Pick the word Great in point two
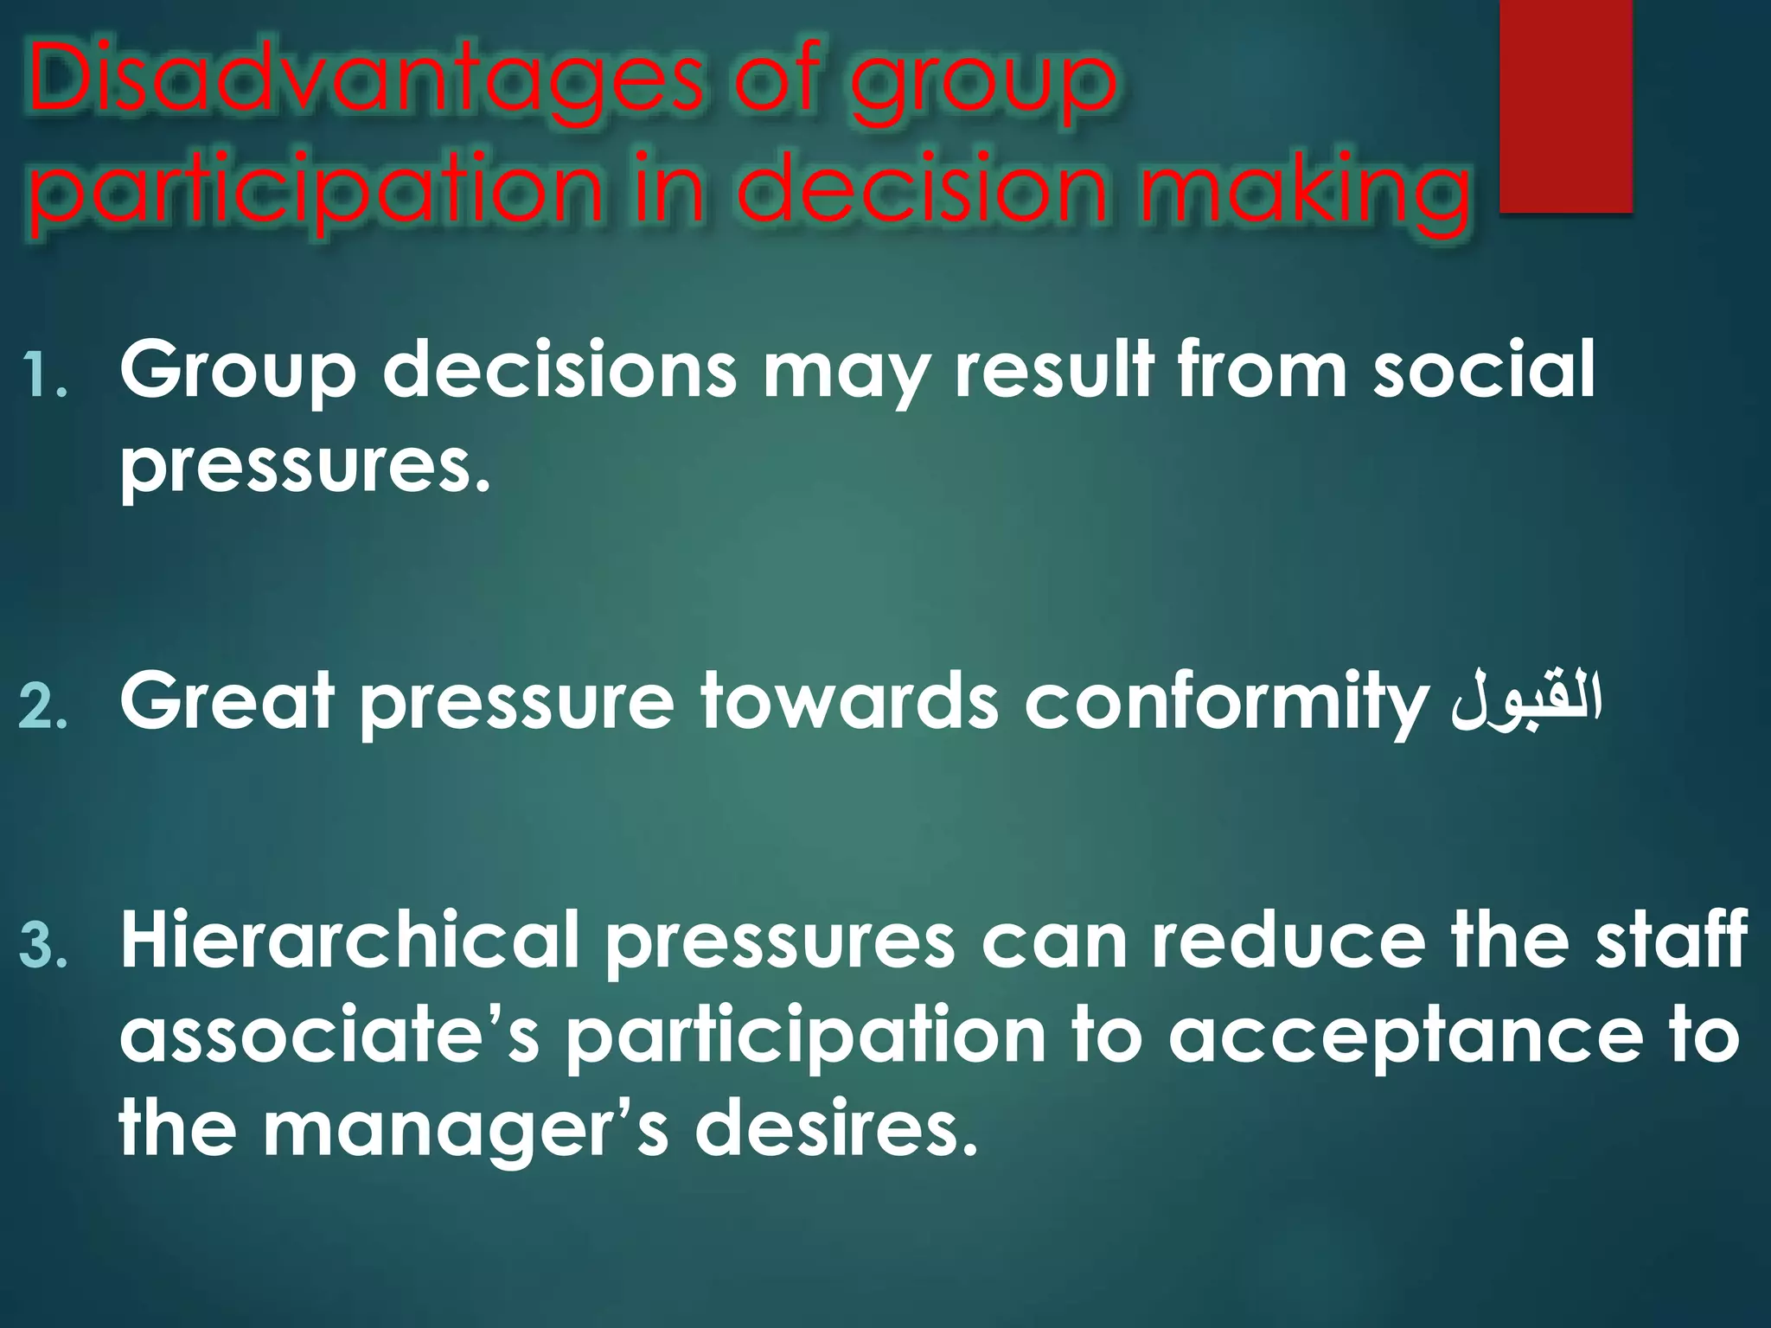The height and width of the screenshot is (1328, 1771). click(227, 700)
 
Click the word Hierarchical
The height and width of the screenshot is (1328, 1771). click(349, 940)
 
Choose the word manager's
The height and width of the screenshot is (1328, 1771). click(467, 1130)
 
